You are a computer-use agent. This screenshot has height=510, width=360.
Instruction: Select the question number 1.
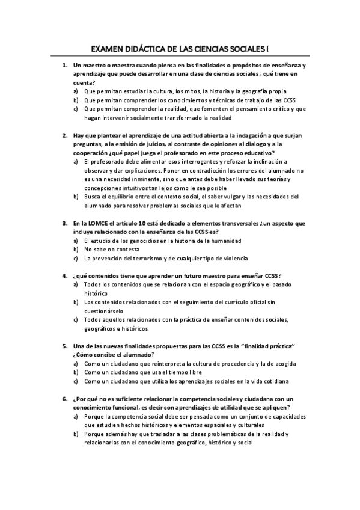point(64,65)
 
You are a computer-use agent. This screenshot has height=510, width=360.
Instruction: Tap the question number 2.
point(64,136)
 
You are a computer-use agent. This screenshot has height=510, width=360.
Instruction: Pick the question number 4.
point(64,275)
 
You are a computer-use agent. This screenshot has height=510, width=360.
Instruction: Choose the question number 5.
point(64,346)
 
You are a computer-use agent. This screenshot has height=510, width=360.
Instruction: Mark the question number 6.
point(64,399)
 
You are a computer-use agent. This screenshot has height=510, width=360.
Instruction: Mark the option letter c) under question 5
point(76,381)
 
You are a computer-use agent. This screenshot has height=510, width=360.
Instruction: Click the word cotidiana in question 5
point(272,381)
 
